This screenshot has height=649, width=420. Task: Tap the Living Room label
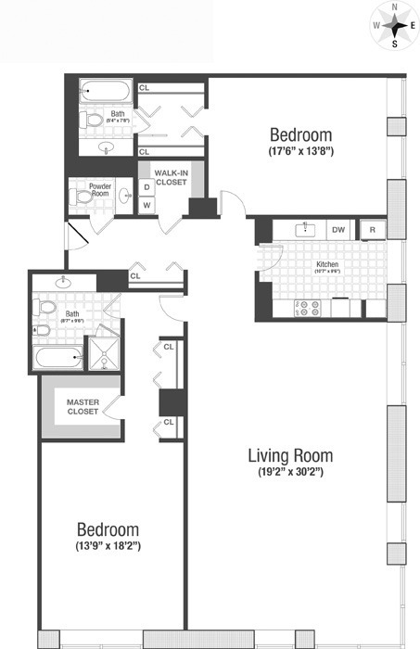[x=289, y=456]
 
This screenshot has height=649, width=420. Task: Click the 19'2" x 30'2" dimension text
[x=289, y=473]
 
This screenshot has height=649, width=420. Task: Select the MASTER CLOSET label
[x=83, y=406]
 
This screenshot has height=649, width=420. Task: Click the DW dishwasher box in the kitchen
[x=338, y=229]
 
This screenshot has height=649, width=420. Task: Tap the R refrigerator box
[x=372, y=229]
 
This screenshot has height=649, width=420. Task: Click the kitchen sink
[x=302, y=229]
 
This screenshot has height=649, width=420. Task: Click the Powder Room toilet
[x=79, y=196]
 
